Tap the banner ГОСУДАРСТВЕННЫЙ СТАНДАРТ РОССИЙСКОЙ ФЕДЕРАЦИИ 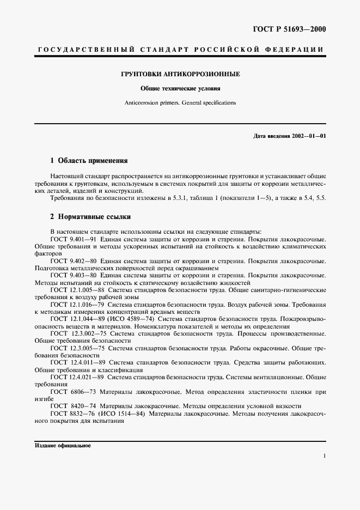pyautogui.click(x=180, y=50)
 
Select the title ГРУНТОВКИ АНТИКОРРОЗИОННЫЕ pyautogui.click(x=180, y=74)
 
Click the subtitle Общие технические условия pyautogui.click(x=180, y=88)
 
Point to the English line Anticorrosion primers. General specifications pyautogui.click(x=180, y=102)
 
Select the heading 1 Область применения pyautogui.click(x=88, y=161)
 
